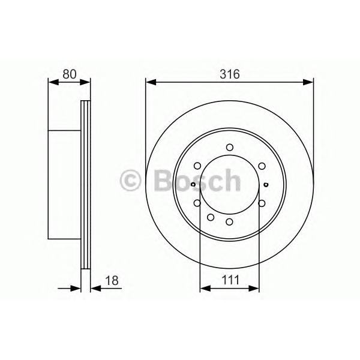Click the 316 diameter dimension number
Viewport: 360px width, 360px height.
point(230,74)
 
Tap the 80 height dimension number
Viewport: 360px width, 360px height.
point(70,74)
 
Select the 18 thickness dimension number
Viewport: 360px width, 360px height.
point(112,280)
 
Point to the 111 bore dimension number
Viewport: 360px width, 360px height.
point(230,280)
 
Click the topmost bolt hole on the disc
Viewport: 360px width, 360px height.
point(230,147)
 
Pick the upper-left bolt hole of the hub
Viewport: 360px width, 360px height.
point(197,166)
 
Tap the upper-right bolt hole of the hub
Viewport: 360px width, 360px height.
point(262,166)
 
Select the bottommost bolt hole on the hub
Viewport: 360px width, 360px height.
point(229,222)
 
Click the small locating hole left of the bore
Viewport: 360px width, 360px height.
point(193,184)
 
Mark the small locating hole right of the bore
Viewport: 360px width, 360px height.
point(266,184)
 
